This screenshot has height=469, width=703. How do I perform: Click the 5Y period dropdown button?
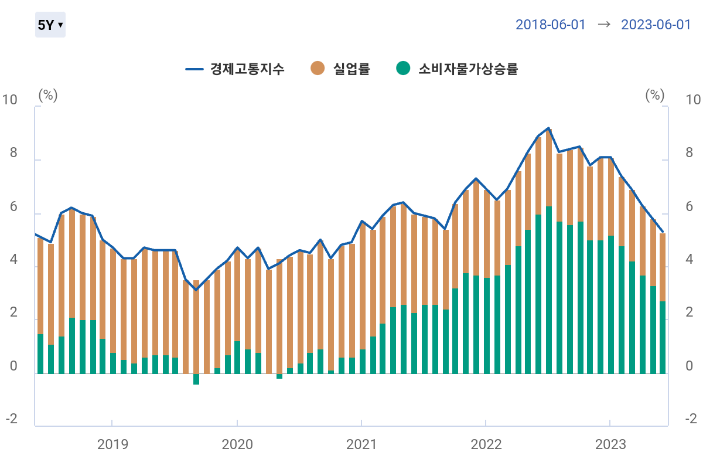tap(50, 25)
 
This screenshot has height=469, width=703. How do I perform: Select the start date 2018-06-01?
tap(550, 25)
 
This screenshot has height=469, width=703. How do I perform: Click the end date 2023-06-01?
tap(656, 25)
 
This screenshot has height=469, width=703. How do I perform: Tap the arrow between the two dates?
tap(603, 25)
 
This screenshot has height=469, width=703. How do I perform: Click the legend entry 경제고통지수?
tap(235, 69)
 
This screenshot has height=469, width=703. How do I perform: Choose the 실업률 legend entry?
tap(340, 69)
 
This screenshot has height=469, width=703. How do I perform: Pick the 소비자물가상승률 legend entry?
tap(458, 69)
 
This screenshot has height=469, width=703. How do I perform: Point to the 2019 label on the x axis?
tap(112, 444)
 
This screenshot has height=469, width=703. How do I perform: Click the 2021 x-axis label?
tap(361, 444)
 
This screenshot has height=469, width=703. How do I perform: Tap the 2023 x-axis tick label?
tap(610, 444)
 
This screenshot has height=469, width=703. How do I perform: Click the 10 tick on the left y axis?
tap(10, 100)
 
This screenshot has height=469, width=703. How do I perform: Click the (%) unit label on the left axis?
tap(48, 95)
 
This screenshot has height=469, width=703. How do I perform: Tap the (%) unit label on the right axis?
tap(655, 95)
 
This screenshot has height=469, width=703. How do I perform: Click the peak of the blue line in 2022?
tap(548, 128)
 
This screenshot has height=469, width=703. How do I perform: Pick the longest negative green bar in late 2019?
tap(196, 379)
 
